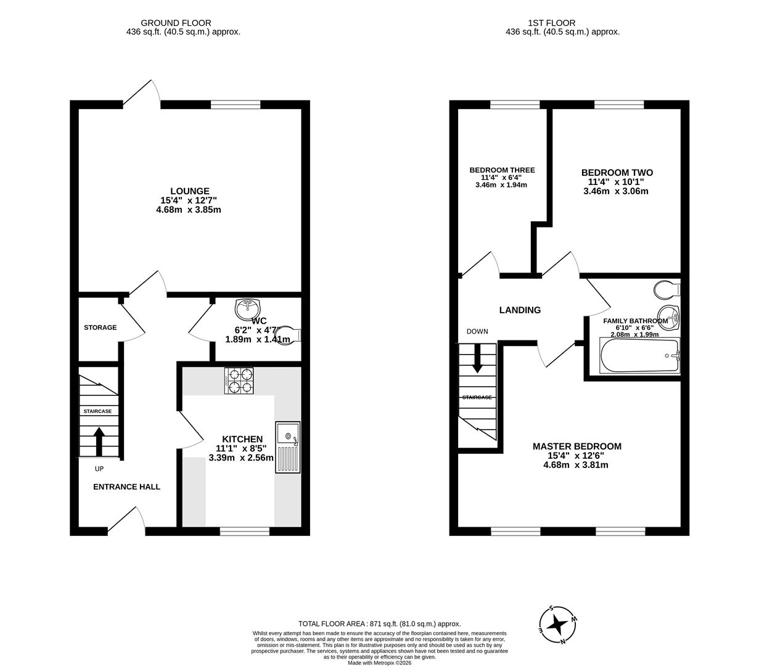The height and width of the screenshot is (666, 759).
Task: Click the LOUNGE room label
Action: pos(189,191)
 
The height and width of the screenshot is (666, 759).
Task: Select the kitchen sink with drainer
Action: pos(287,448)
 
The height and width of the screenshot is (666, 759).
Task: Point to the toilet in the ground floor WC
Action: pos(289,335)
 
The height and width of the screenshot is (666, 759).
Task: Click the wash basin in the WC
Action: pos(248,308)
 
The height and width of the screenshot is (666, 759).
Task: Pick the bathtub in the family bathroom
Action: pos(639,356)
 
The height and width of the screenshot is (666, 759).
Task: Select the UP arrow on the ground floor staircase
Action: pos(98,440)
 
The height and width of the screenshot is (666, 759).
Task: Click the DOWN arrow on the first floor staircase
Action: pos(477,360)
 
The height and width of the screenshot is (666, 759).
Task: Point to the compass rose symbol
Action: pos(558,624)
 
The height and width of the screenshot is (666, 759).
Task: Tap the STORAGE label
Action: pos(100,327)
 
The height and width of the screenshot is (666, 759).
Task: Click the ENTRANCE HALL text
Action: pos(126,487)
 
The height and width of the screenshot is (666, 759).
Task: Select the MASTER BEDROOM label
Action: pos(576,446)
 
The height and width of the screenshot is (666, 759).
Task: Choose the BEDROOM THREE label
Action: pos(502,170)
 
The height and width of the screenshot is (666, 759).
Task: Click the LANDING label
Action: pos(520,310)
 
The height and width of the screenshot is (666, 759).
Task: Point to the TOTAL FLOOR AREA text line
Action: pos(379,623)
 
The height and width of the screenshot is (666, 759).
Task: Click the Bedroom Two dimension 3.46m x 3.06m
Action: pos(616,191)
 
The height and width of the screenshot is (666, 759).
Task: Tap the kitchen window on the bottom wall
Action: pos(245,530)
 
